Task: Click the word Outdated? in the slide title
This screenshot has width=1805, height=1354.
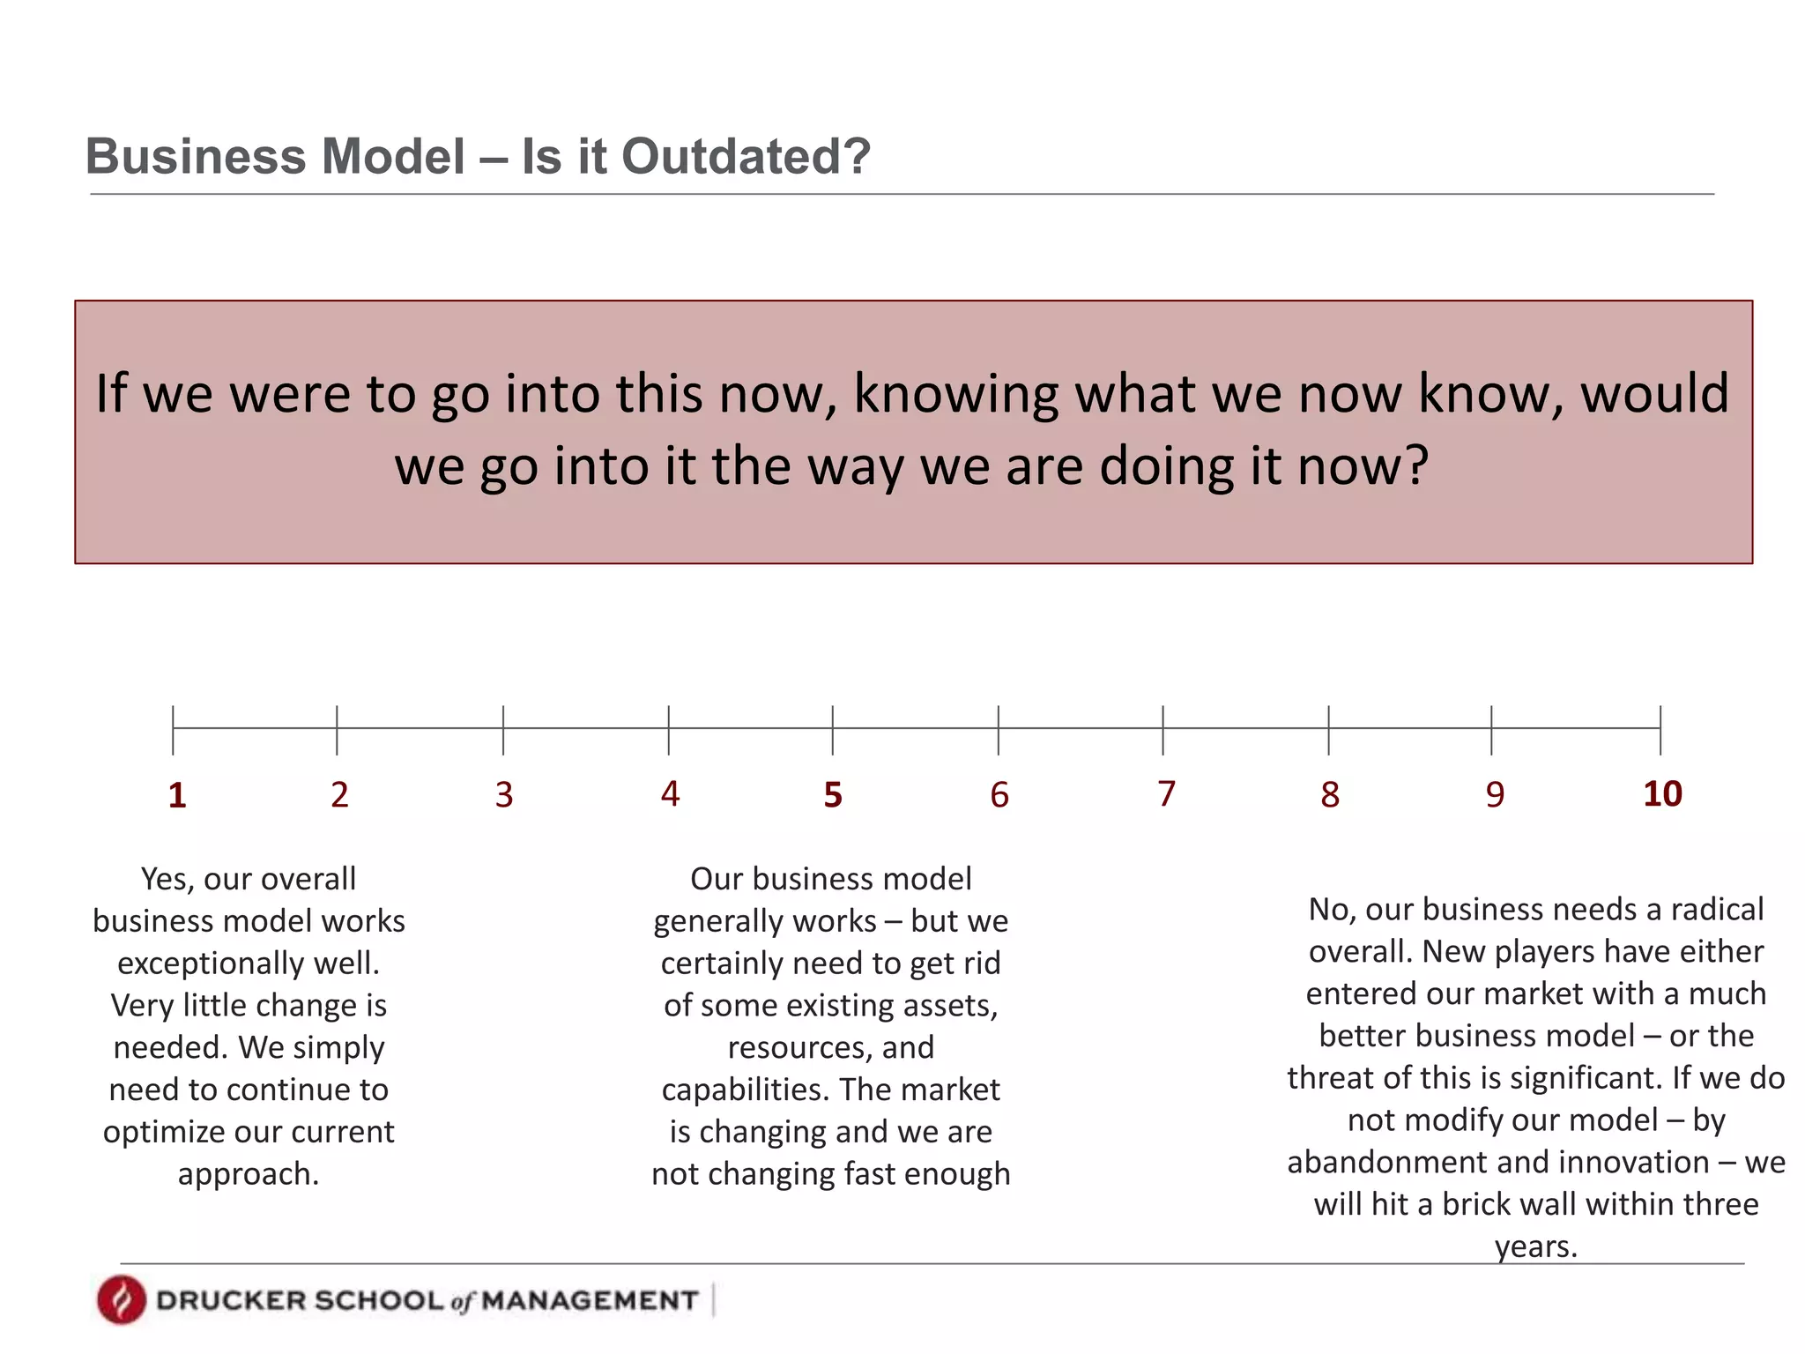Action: tap(746, 157)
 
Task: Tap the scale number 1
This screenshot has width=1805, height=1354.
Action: tap(177, 795)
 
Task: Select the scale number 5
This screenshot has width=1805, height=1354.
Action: tap(833, 795)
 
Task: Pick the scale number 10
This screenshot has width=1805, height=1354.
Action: tap(1662, 794)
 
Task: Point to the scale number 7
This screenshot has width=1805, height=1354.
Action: tap(1166, 794)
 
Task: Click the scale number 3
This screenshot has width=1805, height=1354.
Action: tap(504, 795)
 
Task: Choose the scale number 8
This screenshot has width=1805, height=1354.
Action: tap(1330, 795)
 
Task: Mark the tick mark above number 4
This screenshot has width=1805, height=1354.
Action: tap(669, 729)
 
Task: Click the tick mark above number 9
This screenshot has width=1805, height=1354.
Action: tap(1492, 729)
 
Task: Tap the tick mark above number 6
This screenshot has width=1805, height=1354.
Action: tap(999, 729)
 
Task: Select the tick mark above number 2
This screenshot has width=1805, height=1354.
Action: tap(337, 729)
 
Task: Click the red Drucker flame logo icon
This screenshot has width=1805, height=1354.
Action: tap(122, 1299)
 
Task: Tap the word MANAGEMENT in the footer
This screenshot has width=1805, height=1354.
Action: tap(590, 1301)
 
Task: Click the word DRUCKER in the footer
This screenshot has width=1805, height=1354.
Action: tap(231, 1301)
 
